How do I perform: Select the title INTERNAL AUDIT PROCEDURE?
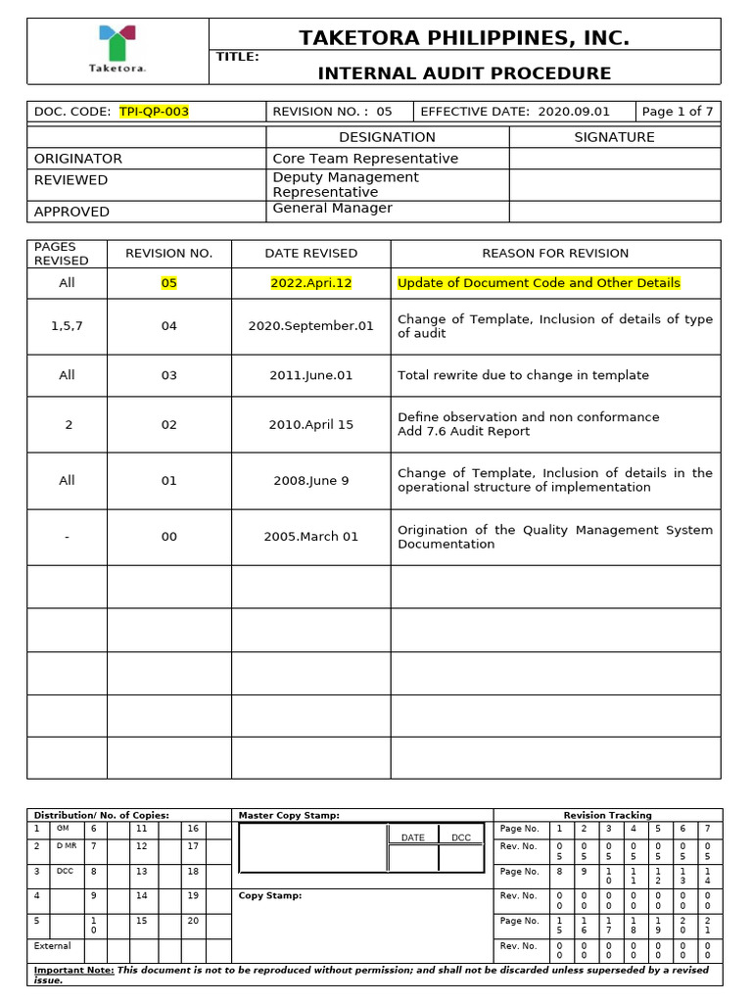pyautogui.click(x=464, y=73)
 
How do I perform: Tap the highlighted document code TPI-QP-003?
pyautogui.click(x=154, y=112)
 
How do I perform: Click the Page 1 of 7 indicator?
pyautogui.click(x=678, y=112)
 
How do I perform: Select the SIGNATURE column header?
pyautogui.click(x=614, y=137)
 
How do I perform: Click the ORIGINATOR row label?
pyautogui.click(x=78, y=159)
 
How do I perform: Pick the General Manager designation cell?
pyautogui.click(x=332, y=209)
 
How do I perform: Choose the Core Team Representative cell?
pyautogui.click(x=365, y=159)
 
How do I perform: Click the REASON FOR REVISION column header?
pyautogui.click(x=555, y=254)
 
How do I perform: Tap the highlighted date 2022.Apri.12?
pyautogui.click(x=310, y=283)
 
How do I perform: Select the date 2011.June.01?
pyautogui.click(x=310, y=375)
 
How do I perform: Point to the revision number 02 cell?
pyautogui.click(x=169, y=424)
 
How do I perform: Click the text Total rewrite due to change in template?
pyautogui.click(x=523, y=375)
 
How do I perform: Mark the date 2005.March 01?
pyautogui.click(x=310, y=537)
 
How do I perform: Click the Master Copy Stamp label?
pyautogui.click(x=290, y=815)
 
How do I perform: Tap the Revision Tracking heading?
pyautogui.click(x=607, y=815)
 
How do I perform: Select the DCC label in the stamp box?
pyautogui.click(x=461, y=837)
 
